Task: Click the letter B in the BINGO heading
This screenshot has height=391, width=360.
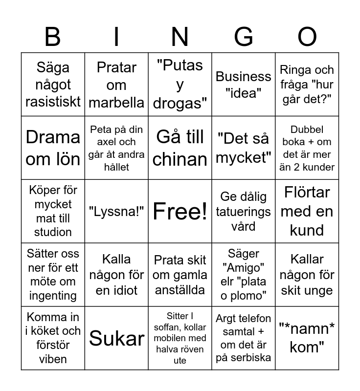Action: [x=53, y=37]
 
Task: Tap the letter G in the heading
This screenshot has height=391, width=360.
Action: [x=244, y=37]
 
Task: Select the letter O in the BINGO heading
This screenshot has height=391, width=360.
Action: [x=307, y=37]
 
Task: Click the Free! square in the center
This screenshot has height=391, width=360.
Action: [x=180, y=211]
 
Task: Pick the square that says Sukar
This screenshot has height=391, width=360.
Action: [x=116, y=338]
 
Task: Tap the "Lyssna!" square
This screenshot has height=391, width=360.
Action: [x=116, y=211]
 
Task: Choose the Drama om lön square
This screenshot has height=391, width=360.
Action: [x=53, y=148]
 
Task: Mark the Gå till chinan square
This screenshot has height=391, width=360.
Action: [x=180, y=148]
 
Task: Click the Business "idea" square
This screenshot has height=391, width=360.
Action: [x=244, y=85]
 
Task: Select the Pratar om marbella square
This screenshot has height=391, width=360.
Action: [x=116, y=85]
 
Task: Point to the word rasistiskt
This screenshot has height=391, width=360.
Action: [x=53, y=102]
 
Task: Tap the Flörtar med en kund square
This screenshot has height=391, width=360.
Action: [x=307, y=211]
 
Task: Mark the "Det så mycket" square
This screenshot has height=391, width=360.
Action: [x=244, y=148]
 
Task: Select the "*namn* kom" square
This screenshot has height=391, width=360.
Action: [x=307, y=338]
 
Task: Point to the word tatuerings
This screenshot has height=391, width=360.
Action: [x=244, y=212]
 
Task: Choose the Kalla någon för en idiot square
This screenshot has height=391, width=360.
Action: [x=116, y=275]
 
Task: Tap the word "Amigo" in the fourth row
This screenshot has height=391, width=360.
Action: [x=244, y=267]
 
